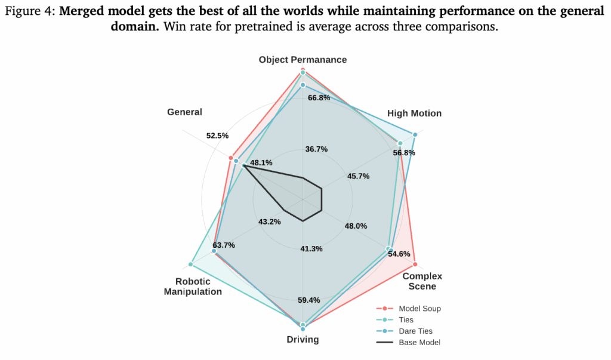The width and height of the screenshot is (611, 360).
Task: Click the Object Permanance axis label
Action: (303, 60)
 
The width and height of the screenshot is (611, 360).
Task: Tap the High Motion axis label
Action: (414, 113)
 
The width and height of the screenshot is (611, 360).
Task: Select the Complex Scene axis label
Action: (418, 281)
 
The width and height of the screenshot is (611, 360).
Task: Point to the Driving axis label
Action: (303, 340)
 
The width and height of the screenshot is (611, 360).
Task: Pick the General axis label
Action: (184, 112)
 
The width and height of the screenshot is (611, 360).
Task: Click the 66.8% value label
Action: (319, 97)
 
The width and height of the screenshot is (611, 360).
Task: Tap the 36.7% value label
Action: (316, 149)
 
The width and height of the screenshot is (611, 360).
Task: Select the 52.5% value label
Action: (217, 136)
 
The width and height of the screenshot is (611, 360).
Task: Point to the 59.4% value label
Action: (308, 300)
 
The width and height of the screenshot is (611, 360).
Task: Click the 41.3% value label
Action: (311, 248)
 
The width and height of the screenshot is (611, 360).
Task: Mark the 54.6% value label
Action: (399, 254)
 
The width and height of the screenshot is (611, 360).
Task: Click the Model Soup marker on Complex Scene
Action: (415, 263)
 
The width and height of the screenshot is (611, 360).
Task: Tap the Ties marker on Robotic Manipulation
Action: (191, 263)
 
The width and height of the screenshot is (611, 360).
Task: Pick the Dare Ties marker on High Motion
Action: (414, 134)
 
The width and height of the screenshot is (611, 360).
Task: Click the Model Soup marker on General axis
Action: (230, 158)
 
